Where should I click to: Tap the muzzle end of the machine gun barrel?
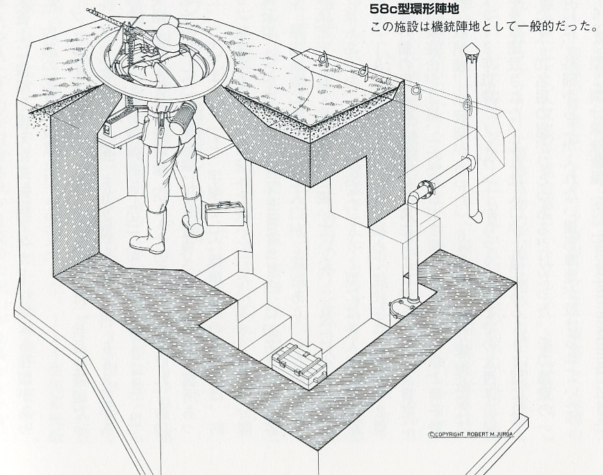point(88,10)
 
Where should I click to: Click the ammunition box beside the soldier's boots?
point(224,214)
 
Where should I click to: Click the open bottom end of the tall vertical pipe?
point(477,217)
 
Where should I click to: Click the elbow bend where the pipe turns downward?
point(414,195)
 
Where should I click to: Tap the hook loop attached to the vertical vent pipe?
point(466,106)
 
